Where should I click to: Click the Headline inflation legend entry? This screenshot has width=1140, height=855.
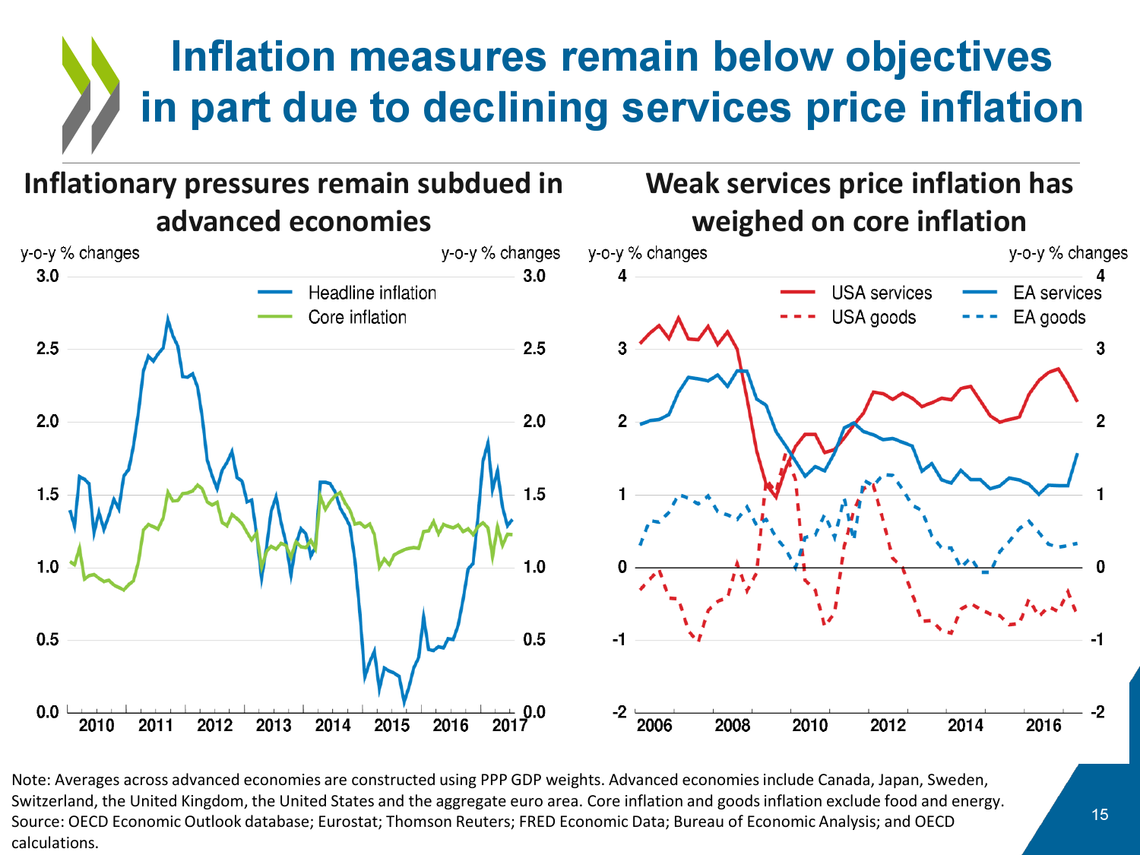pos(372,293)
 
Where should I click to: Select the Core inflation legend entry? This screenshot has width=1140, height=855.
pos(356,317)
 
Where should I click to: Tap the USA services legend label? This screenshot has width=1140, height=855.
pos(881,293)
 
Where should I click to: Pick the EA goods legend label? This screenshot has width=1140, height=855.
pos(1049,317)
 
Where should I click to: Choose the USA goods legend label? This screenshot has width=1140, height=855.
pos(873,317)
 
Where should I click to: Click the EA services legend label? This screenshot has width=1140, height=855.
pos(1056,293)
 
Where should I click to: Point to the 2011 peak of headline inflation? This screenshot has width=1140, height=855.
pos(168,319)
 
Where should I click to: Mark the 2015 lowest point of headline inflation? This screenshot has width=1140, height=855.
pos(404,703)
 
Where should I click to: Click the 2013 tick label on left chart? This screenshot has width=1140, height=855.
pos(274,725)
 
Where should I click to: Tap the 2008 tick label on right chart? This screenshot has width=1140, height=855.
pos(733,725)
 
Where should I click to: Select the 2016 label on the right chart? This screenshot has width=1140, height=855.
pos(1043,725)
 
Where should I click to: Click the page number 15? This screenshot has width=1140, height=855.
pos(1100,815)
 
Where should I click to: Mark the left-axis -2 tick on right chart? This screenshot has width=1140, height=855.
pos(622,712)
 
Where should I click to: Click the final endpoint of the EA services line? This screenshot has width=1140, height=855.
pos(1077,454)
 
